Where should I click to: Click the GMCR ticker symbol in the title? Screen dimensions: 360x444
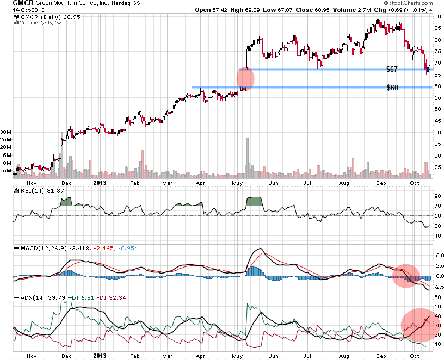point(16,4)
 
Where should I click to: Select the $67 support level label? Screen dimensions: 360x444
point(393,69)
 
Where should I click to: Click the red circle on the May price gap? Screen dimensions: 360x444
point(245,78)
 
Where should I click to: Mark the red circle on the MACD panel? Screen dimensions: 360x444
point(406,275)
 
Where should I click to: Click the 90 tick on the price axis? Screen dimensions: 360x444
point(437,17)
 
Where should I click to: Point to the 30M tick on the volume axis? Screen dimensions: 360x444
point(6,132)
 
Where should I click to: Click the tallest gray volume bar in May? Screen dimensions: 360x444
point(248,158)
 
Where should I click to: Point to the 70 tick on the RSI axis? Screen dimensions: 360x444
point(437,206)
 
